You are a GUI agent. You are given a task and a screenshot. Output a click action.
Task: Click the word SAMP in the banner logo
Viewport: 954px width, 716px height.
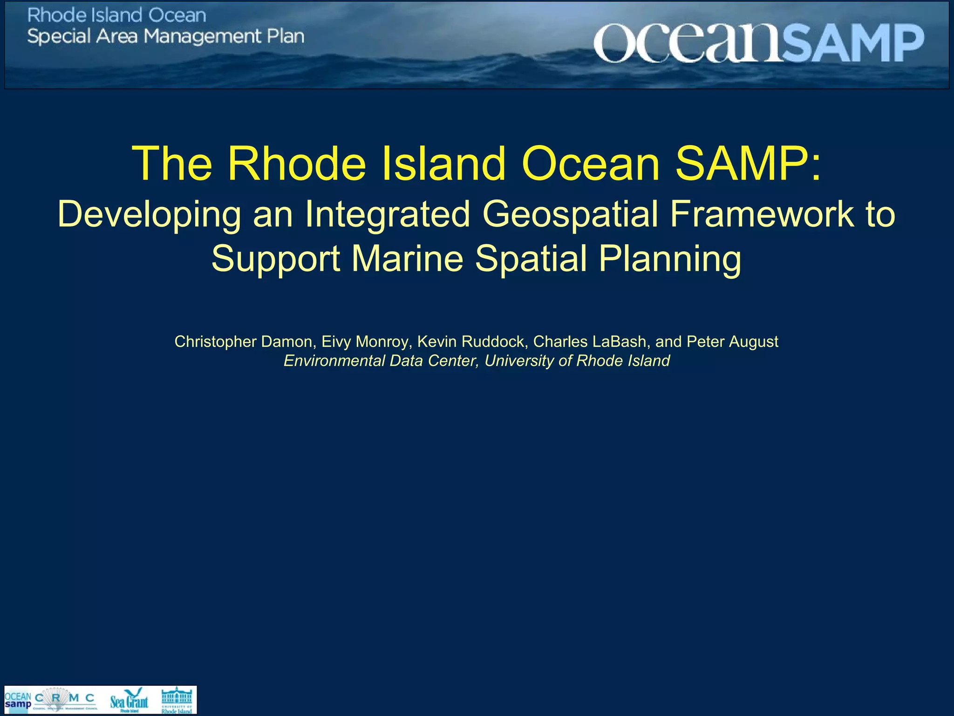coord(852,43)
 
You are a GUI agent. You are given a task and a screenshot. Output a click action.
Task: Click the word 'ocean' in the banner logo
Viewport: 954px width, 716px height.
coord(687,43)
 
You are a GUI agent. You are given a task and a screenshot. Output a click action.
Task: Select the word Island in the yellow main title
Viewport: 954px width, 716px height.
coord(443,164)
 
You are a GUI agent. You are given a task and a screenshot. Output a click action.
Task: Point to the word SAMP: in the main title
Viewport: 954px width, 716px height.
coord(748,164)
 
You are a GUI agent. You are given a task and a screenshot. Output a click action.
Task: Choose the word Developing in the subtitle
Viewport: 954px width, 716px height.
coord(149,215)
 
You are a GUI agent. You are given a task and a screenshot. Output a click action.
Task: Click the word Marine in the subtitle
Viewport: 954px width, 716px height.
coord(407,258)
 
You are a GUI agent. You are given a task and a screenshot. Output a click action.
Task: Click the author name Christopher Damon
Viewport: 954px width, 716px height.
coord(243,342)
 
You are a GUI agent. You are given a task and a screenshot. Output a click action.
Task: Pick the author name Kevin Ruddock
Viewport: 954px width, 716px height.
coord(470,342)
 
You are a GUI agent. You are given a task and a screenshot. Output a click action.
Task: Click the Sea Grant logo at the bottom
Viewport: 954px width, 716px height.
coord(129,700)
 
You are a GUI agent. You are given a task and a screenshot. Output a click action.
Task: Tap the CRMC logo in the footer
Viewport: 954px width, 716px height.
coord(65,700)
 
